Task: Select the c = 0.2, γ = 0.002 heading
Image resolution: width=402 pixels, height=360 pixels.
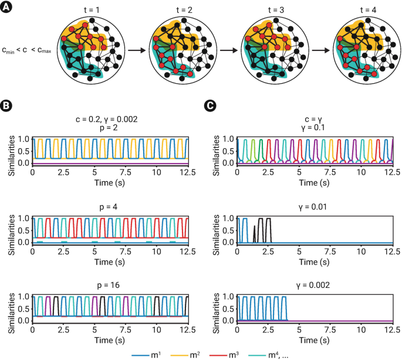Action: pos(110,120)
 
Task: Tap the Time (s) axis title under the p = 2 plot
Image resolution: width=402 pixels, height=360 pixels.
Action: pos(110,182)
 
